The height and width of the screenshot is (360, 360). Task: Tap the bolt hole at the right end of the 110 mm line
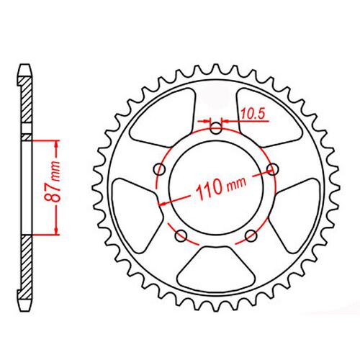(272, 169)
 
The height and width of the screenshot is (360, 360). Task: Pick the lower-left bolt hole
(181, 235)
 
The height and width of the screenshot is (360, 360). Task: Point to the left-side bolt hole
(160, 170)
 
